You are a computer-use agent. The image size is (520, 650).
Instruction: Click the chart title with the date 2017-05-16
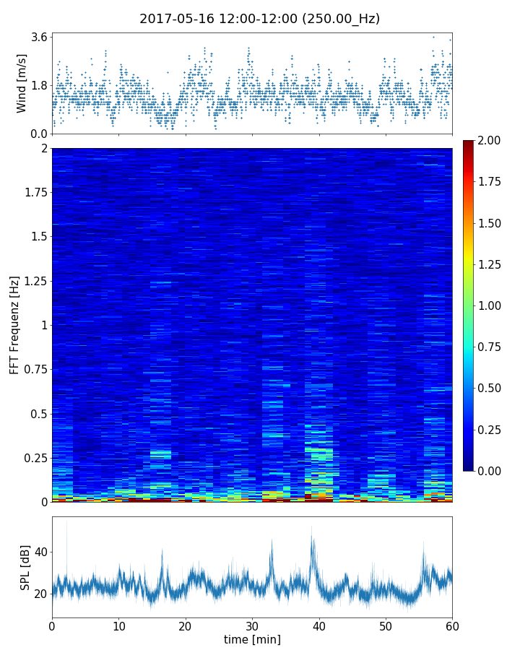[x=259, y=19]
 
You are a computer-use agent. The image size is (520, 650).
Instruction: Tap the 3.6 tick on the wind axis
[x=39, y=37]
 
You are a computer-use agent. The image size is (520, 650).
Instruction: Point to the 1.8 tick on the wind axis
[x=39, y=85]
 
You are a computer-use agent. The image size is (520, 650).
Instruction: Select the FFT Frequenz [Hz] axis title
[x=14, y=324]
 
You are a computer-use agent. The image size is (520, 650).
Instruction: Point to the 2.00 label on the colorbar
[x=491, y=140]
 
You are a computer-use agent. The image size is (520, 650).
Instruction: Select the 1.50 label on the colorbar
[x=491, y=223]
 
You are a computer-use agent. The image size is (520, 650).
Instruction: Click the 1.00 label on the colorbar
[x=491, y=305]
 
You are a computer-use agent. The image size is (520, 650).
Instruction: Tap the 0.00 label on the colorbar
[x=491, y=471]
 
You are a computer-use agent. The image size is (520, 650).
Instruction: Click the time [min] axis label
[x=252, y=639]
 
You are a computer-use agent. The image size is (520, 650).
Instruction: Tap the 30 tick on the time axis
[x=252, y=625]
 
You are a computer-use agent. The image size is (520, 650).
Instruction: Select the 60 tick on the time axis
[x=452, y=625]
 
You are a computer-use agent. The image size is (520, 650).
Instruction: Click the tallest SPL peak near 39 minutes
[x=312, y=527]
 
